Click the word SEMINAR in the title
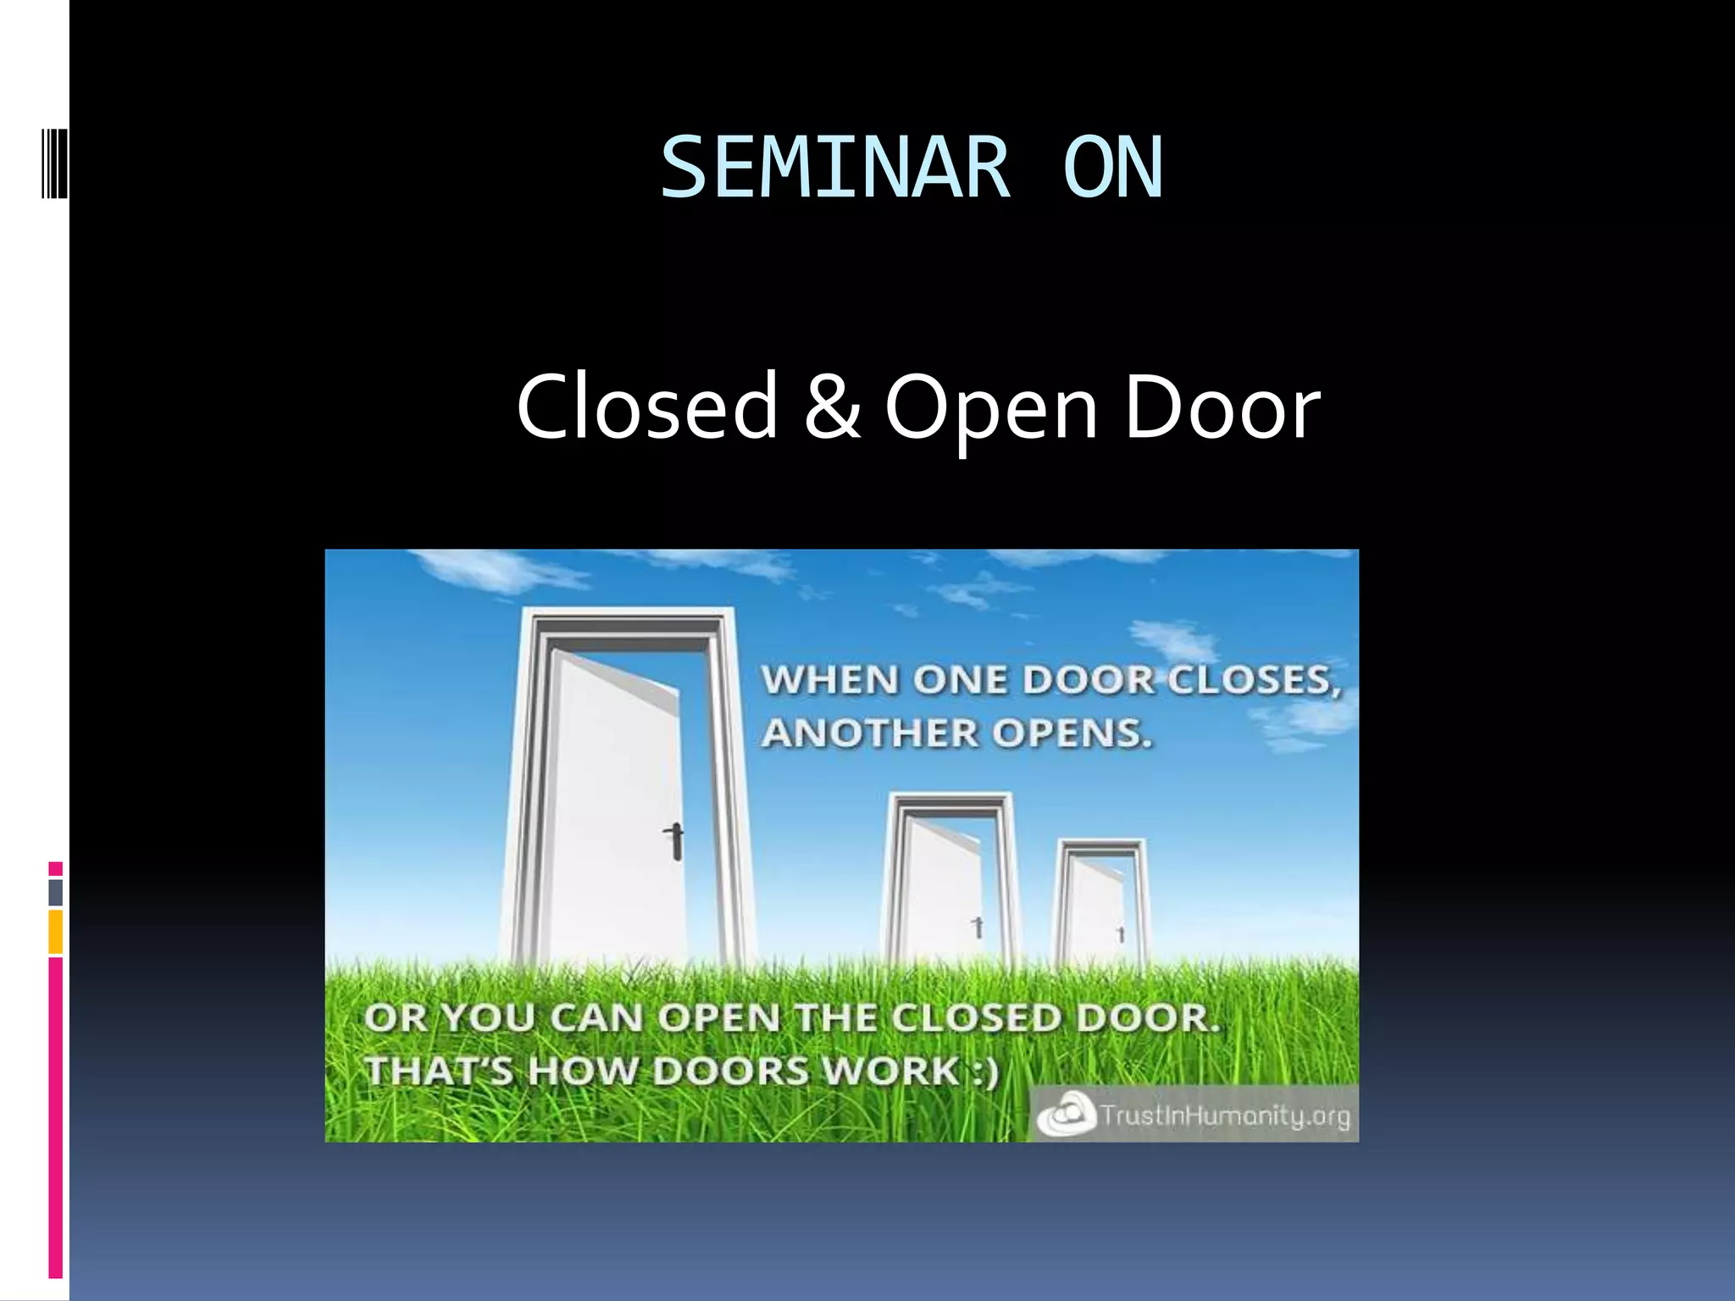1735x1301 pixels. [835, 169]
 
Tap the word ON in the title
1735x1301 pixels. [1113, 169]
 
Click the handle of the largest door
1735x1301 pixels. [675, 840]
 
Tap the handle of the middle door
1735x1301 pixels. [978, 927]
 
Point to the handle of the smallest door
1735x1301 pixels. [1121, 934]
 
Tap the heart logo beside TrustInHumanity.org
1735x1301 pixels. [1065, 1115]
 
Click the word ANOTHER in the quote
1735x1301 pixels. [868, 734]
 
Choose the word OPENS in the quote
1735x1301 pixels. [1073, 734]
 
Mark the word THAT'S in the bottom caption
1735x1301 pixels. [439, 1071]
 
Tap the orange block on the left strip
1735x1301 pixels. [56, 932]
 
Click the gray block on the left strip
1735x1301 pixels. [56, 893]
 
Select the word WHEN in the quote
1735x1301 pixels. [830, 680]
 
